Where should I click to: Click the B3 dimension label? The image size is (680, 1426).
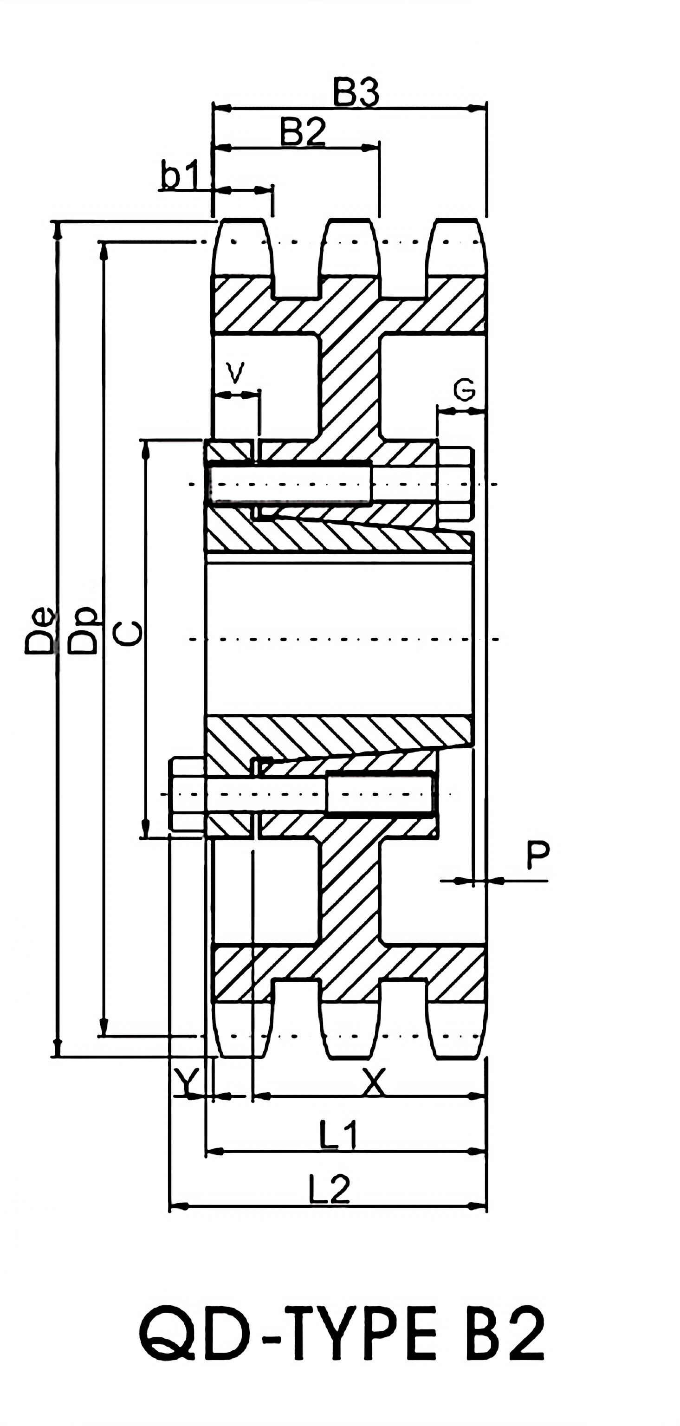click(x=356, y=92)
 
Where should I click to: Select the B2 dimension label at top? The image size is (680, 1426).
click(x=302, y=132)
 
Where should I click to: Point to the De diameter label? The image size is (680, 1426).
click(x=40, y=632)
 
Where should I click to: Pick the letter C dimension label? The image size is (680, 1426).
click(x=128, y=633)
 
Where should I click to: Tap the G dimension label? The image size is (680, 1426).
click(x=464, y=390)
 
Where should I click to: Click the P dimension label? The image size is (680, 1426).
click(x=537, y=855)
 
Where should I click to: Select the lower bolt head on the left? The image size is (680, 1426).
click(x=187, y=794)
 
